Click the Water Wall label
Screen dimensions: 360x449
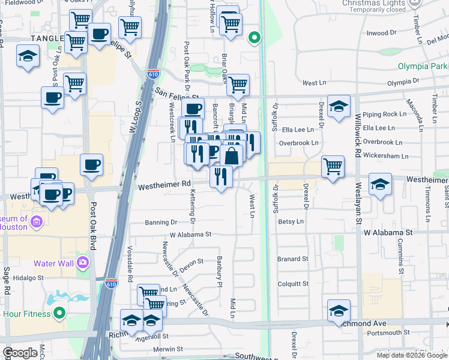click(x=52, y=263)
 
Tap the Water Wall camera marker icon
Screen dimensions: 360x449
click(x=83, y=262)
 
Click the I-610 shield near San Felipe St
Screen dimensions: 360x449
click(x=154, y=74)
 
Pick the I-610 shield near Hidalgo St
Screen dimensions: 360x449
click(x=111, y=281)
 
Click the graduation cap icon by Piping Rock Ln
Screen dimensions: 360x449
click(x=339, y=106)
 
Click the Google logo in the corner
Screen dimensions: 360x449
click(x=20, y=353)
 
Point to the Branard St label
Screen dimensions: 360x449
click(x=292, y=259)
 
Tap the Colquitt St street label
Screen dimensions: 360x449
click(x=292, y=284)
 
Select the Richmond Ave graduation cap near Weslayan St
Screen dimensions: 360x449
click(x=339, y=311)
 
